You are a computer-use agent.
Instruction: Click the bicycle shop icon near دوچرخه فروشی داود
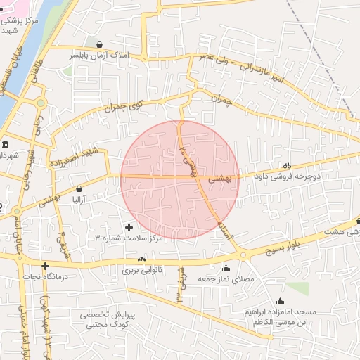click(x=287, y=165)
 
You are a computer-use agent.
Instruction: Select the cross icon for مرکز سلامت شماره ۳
click(x=128, y=227)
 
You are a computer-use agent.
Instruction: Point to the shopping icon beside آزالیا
click(x=78, y=188)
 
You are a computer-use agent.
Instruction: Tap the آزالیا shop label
click(x=78, y=200)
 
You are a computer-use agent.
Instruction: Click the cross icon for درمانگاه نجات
click(x=46, y=266)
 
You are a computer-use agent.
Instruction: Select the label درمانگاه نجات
click(x=46, y=278)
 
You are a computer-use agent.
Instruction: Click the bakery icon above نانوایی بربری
click(x=143, y=259)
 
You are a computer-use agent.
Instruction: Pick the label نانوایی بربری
click(x=143, y=270)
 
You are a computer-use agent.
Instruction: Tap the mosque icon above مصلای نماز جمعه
click(x=226, y=267)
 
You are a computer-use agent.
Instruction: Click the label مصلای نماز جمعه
click(x=226, y=279)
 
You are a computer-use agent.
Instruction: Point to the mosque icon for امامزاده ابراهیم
click(x=280, y=301)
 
